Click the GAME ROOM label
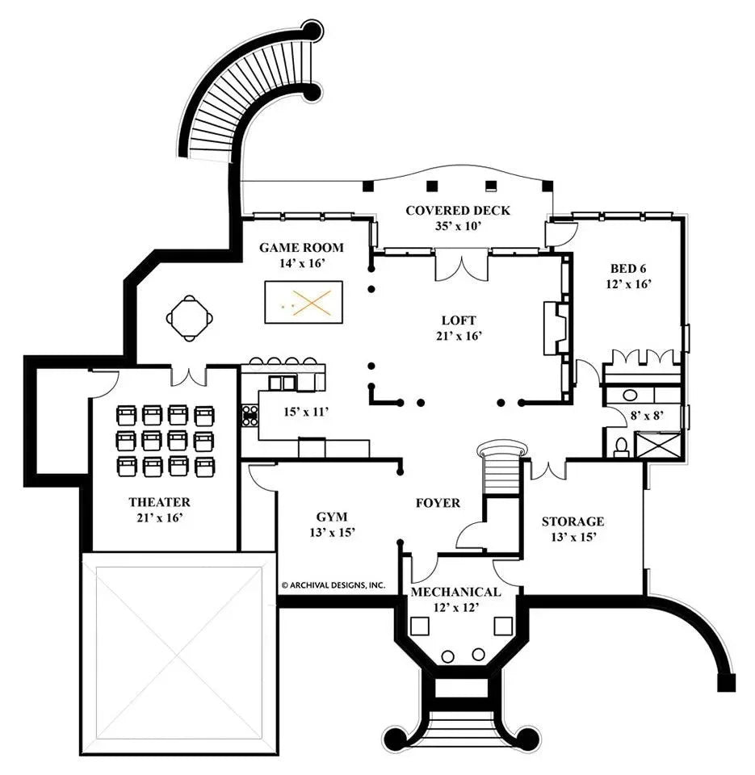[301, 248]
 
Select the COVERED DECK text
[458, 211]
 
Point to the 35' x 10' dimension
[457, 226]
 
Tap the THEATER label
[159, 502]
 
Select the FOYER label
[438, 503]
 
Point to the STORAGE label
[573, 522]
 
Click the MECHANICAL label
[455, 592]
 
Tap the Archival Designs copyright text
[333, 584]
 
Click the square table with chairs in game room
[191, 317]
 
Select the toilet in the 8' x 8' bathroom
[620, 445]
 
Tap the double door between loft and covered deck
[461, 266]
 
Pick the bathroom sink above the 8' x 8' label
[631, 396]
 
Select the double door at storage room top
[548, 468]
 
